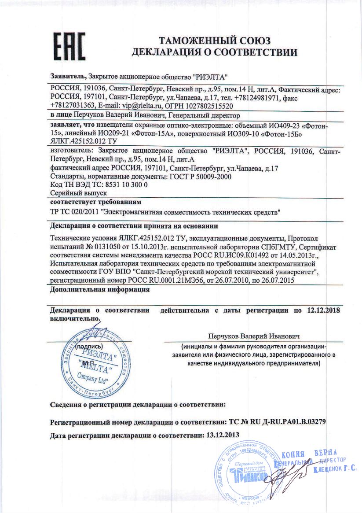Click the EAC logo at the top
[69, 46]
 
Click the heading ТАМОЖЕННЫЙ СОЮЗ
[215, 41]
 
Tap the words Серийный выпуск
[79, 193]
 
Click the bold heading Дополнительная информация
[100, 290]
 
